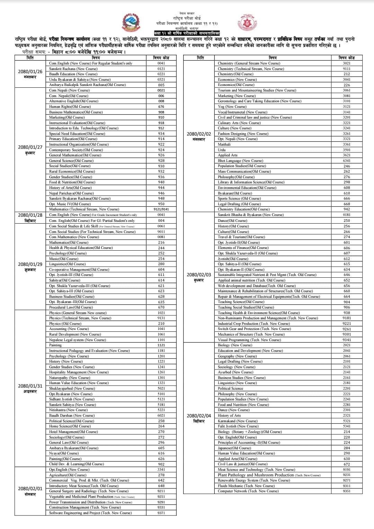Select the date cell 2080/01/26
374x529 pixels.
click(30, 72)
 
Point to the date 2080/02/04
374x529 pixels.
click(199, 416)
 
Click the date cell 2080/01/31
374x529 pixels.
click(30, 386)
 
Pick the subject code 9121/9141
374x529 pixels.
click(161, 209)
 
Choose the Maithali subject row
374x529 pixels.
click(224, 144)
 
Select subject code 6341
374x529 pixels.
click(346, 161)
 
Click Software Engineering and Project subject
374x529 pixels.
click(90, 513)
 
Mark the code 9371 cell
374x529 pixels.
click(161, 513)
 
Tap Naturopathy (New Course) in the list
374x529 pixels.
click(70, 378)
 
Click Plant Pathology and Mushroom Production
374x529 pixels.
click(256, 475)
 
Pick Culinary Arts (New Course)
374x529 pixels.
click(239, 123)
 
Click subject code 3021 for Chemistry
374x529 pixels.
click(346, 63)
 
